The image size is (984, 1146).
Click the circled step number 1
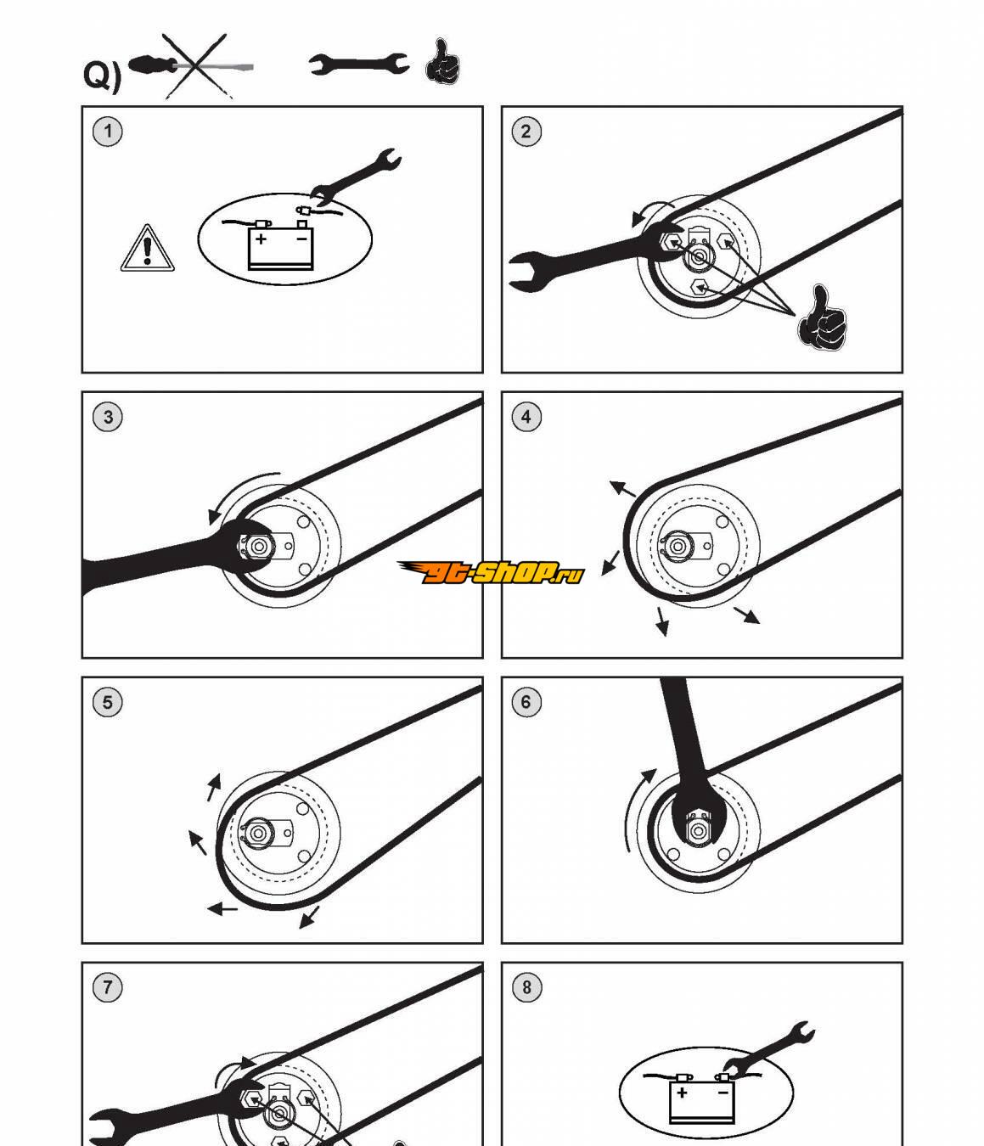coord(107,132)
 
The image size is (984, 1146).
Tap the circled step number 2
coord(526,132)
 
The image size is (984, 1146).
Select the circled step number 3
coord(107,417)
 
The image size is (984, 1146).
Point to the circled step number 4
coord(526,417)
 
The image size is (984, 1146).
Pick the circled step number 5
coord(107,702)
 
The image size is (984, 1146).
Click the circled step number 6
coord(526,702)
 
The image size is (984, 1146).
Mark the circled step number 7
coord(107,987)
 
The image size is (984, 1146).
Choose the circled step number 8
coord(526,987)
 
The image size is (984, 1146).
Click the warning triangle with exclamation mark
coord(148,250)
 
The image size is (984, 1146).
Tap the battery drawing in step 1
coord(280,247)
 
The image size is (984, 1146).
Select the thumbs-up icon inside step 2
coord(822,319)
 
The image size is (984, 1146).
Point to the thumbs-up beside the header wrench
coord(441,62)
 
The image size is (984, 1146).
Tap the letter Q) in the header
coord(102,75)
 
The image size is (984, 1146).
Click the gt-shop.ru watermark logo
coord(491,573)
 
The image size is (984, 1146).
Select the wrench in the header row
coord(357,64)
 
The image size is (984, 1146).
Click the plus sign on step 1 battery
coord(261,239)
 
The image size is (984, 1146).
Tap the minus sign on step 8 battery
coord(723,1093)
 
